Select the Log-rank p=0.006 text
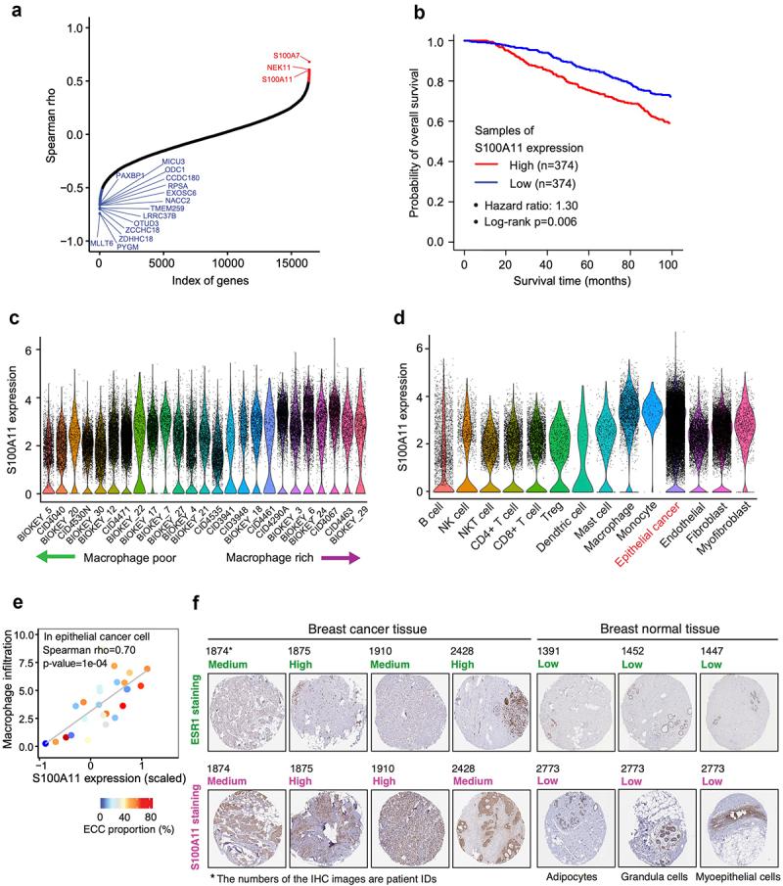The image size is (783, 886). click(x=538, y=222)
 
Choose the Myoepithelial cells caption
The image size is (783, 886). click(x=736, y=868)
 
